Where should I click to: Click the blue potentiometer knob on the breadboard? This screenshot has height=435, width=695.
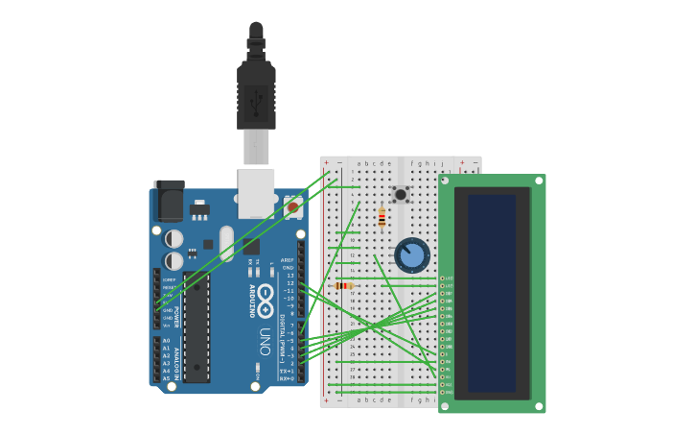tap(412, 255)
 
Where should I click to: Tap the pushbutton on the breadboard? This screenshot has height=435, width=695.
tap(401, 194)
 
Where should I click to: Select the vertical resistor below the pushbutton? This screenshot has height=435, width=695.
tap(382, 219)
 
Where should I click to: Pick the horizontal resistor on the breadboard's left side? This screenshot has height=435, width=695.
tap(343, 285)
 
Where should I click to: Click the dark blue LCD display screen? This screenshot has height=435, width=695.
tap(492, 293)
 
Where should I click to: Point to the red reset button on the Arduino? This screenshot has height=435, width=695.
tap(292, 206)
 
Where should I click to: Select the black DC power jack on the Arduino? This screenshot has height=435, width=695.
tap(170, 201)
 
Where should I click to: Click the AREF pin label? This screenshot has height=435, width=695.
tap(288, 259)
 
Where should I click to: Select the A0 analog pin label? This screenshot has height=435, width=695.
tap(166, 341)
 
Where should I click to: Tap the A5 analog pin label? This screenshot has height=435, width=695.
tap(166, 378)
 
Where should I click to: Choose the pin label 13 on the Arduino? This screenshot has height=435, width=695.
tap(290, 276)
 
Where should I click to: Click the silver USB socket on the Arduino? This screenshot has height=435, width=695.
tap(256, 192)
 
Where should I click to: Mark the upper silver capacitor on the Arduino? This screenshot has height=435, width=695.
tap(174, 238)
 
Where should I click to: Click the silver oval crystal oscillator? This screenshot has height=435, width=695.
tap(226, 243)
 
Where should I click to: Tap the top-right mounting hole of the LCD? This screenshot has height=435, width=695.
tap(539, 181)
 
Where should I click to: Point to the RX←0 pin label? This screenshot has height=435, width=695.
tap(287, 378)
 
